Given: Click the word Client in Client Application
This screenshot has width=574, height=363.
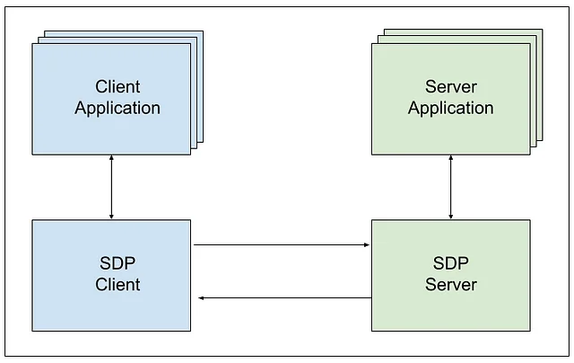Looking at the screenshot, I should coord(117,86).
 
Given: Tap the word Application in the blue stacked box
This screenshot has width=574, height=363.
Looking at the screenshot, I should coord(117,109).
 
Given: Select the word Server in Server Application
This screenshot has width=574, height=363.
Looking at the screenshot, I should coord(450,86).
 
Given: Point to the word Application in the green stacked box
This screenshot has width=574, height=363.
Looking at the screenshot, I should coord(450,109).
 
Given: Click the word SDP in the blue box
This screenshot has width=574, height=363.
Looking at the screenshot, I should coord(117,263).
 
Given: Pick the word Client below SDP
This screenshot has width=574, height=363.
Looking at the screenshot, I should coord(117,285).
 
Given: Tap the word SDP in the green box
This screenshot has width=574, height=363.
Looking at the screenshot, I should coord(450,263).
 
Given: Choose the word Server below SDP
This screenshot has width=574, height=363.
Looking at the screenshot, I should coord(450,285).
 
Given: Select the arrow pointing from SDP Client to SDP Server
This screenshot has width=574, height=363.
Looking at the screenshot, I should coord(282,244).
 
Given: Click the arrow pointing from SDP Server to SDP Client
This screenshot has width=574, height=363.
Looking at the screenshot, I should coord(285,297).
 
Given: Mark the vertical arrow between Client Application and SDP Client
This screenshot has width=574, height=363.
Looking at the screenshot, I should coord(111,187).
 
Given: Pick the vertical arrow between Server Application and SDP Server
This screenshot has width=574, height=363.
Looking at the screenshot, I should coord(450,187).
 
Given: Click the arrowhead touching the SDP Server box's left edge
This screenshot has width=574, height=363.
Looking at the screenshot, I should coord(367,244).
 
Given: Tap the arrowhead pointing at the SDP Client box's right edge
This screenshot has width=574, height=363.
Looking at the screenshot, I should coord(202,297).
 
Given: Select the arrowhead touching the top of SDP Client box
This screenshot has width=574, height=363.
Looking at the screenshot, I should coord(111,215).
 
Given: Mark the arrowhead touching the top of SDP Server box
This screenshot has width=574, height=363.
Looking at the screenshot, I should coord(450,215).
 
